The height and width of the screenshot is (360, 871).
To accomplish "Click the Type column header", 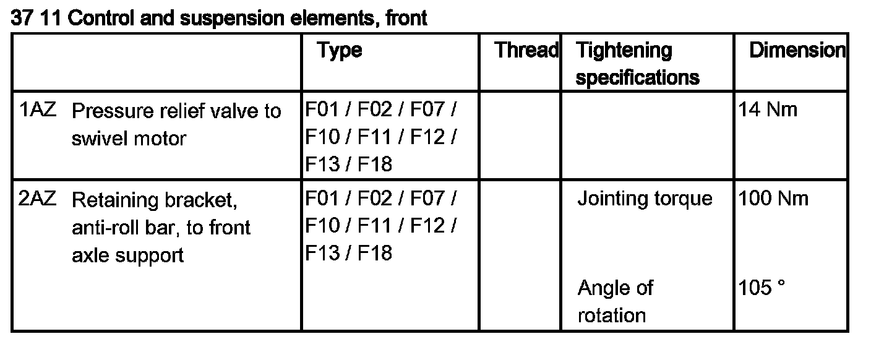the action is (x=340, y=51).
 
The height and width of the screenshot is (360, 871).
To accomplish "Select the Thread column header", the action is (x=526, y=51).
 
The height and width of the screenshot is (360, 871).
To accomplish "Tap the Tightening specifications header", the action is (x=637, y=64).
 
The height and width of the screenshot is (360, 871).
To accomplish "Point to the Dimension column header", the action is (x=797, y=51).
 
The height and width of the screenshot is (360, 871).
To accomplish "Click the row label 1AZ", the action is (x=38, y=111).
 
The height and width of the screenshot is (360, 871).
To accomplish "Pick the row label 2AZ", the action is (x=38, y=199).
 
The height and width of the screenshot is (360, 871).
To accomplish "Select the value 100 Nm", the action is (x=773, y=199).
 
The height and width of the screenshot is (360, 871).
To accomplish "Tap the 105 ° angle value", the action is (x=762, y=288).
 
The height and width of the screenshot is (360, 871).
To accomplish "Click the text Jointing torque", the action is (x=645, y=199).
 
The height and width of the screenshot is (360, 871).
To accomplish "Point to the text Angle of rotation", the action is (x=615, y=302).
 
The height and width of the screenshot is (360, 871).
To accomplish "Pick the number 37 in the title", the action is (x=22, y=19).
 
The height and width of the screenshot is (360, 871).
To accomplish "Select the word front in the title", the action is (x=405, y=19).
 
